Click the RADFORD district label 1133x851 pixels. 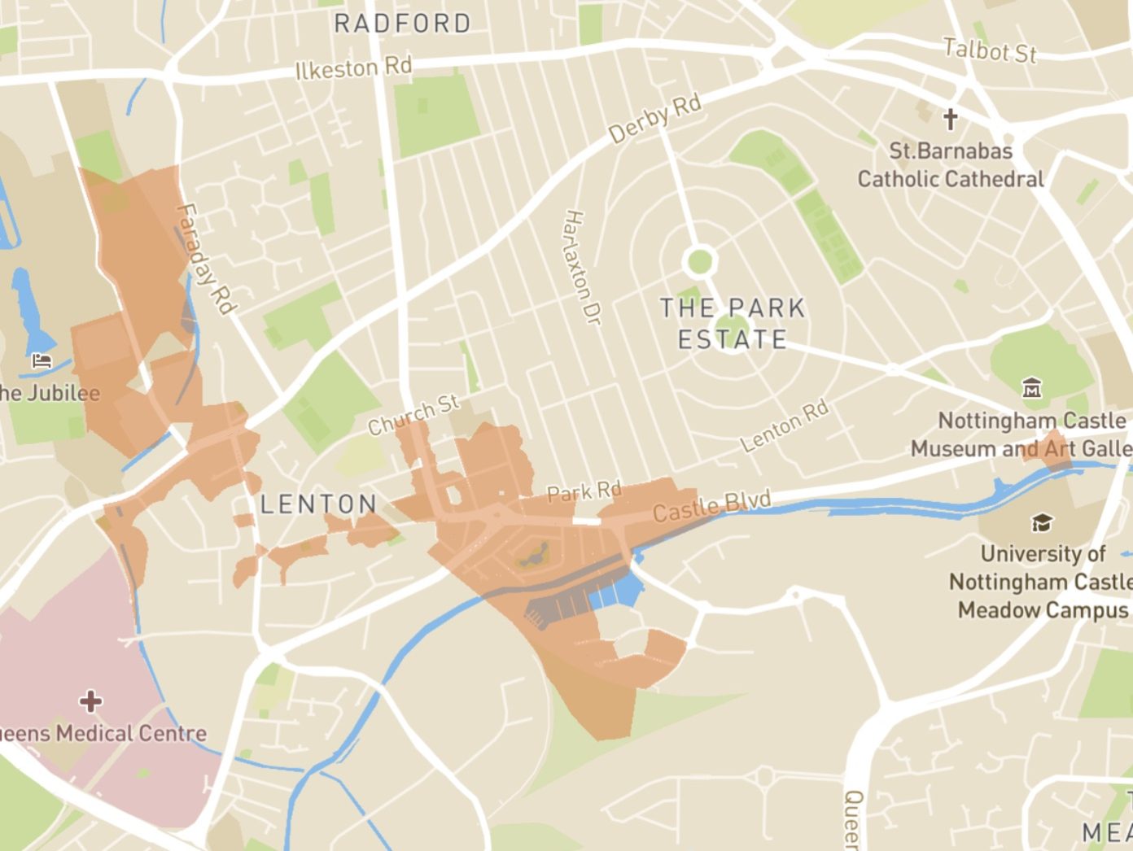pos(403,24)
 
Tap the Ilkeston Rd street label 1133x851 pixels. pos(354,68)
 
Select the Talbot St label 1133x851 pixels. pos(990,51)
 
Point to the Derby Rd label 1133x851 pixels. pos(655,120)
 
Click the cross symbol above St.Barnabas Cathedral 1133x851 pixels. pos(950,120)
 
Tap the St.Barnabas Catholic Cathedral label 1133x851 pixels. pos(950,165)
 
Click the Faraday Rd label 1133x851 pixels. pos(206,259)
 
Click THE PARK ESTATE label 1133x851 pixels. pos(732,323)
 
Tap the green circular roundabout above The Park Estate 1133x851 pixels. pos(699,262)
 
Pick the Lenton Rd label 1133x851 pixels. pos(785,425)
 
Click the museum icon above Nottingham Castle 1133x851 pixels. pos(1032,388)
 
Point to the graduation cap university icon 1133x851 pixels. pos(1041,522)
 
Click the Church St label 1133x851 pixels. pos(413,414)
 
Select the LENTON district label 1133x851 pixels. pos(319,504)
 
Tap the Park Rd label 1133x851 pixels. pos(584,492)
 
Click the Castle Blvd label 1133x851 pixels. pos(711,506)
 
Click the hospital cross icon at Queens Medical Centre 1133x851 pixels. pos(90,700)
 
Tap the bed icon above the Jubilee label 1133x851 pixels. pos(42,360)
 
